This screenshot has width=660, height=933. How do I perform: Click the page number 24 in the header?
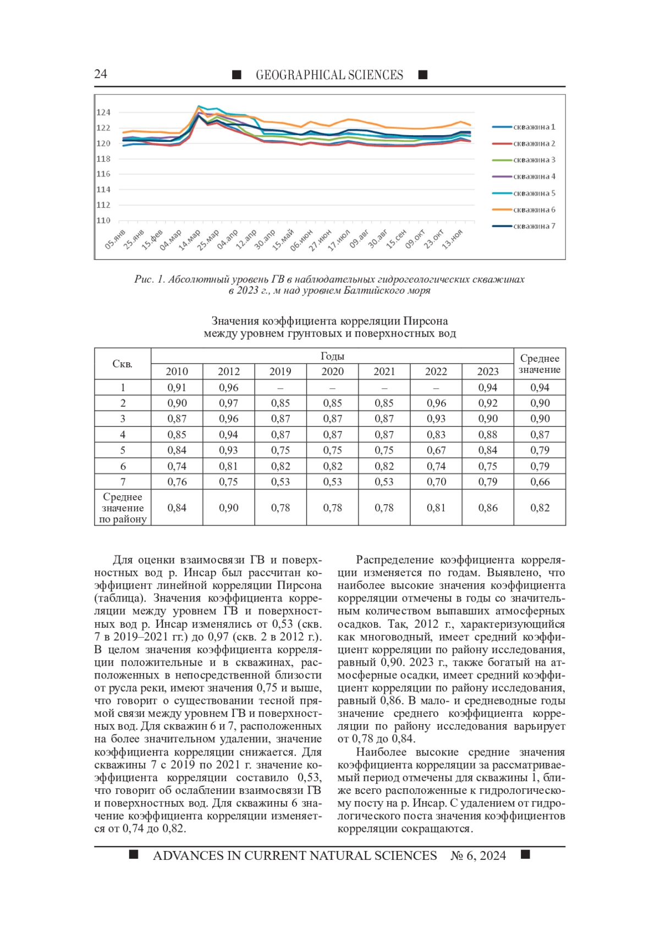[x=101, y=74]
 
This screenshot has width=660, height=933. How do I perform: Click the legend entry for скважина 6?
[x=533, y=209]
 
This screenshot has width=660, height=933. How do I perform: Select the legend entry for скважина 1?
[x=533, y=127]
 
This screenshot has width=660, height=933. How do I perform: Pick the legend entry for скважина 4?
[x=533, y=176]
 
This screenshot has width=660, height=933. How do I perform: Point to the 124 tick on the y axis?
[x=103, y=112]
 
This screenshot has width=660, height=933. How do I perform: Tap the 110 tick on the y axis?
[x=103, y=220]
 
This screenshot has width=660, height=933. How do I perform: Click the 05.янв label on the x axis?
[x=116, y=240]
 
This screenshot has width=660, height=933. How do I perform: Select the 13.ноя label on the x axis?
[x=453, y=240]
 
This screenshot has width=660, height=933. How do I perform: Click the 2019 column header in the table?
[x=280, y=372]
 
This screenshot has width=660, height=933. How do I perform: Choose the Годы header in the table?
[x=332, y=356]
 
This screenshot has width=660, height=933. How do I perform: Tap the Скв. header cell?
[x=122, y=364]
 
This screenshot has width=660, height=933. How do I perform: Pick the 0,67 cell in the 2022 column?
[x=436, y=450]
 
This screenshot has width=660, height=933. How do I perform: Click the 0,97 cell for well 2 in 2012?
[x=228, y=403]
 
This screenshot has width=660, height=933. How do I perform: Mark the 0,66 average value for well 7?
[x=540, y=482]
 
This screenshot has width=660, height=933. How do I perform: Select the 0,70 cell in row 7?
[x=436, y=482]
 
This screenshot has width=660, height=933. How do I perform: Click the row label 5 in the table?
[x=122, y=450]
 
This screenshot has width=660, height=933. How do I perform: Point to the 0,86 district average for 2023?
[x=488, y=507]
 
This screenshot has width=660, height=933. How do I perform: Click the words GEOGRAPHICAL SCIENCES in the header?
[x=329, y=75]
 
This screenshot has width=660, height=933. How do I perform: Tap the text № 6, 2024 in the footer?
[x=478, y=855]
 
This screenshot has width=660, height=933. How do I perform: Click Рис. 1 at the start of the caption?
[x=149, y=279]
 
